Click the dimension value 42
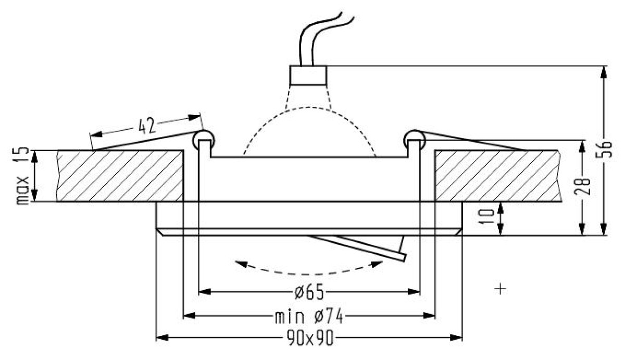(147, 126)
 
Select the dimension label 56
(604, 150)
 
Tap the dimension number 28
(582, 187)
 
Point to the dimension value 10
(486, 216)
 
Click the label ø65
(309, 292)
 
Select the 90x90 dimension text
(310, 338)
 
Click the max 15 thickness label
(22, 176)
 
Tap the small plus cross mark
(501, 289)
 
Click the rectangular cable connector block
(308, 76)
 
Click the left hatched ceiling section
(120, 176)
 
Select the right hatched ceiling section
(498, 176)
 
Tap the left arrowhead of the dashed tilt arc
(241, 264)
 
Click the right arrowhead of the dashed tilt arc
(377, 264)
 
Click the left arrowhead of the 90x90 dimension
(162, 338)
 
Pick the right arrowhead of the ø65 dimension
(414, 292)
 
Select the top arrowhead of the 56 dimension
(604, 72)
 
